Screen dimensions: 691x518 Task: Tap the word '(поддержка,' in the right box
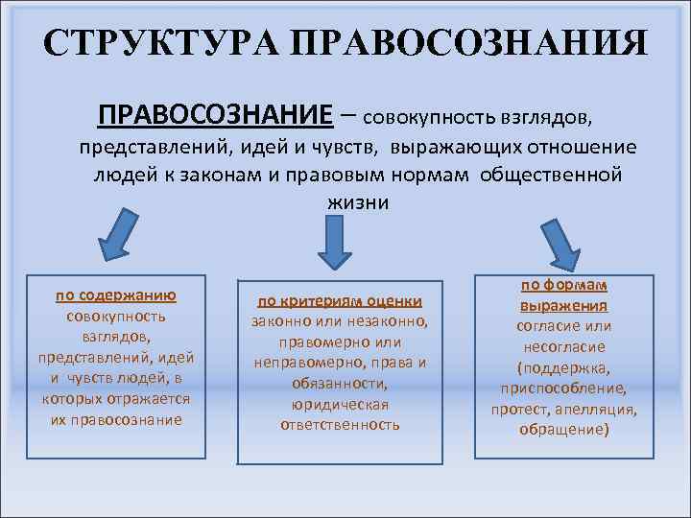tap(563, 367)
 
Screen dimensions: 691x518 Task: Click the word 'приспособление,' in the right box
tap(563, 388)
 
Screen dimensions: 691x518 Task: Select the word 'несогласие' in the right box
tap(563, 346)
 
